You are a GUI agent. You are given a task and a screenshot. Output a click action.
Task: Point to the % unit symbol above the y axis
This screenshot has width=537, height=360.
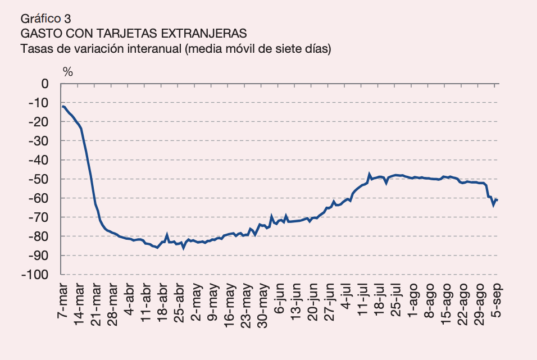tap(68, 71)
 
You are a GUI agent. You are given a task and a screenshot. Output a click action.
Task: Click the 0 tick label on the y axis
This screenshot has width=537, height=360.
tap(45, 84)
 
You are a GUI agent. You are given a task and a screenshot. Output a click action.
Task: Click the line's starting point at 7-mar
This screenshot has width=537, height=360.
tap(63, 106)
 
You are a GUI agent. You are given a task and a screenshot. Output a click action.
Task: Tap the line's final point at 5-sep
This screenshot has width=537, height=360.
tap(497, 200)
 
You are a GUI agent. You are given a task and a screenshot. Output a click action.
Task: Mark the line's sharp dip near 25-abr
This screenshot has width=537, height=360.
tap(183, 248)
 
